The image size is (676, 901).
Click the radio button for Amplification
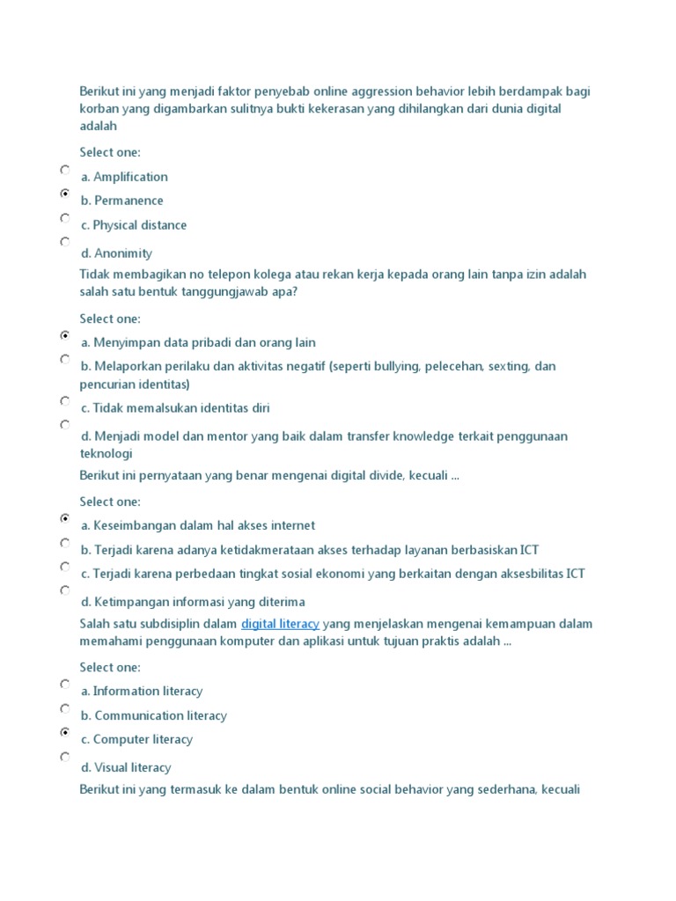tap(65, 169)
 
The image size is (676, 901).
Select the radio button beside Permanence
tap(65, 193)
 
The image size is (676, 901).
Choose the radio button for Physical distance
tap(65, 216)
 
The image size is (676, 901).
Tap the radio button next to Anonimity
tap(65, 240)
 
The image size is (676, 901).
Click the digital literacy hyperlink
tap(280, 624)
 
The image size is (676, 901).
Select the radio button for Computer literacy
tap(65, 732)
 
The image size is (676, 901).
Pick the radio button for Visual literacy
tap(65, 756)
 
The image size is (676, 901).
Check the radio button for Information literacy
tap(65, 684)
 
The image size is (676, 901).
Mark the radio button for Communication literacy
tap(65, 708)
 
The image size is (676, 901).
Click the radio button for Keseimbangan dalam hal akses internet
tap(65, 519)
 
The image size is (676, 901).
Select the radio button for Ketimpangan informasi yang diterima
tap(65, 590)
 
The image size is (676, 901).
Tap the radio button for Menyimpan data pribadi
tap(65, 335)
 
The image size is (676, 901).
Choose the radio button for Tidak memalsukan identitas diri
tap(65, 400)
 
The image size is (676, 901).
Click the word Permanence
tap(129, 201)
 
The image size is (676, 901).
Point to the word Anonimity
tap(123, 253)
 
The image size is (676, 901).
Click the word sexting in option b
tap(507, 366)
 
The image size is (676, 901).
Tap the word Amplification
tap(130, 177)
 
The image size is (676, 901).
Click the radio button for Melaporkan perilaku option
tap(65, 359)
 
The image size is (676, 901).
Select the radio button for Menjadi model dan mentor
tap(65, 424)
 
